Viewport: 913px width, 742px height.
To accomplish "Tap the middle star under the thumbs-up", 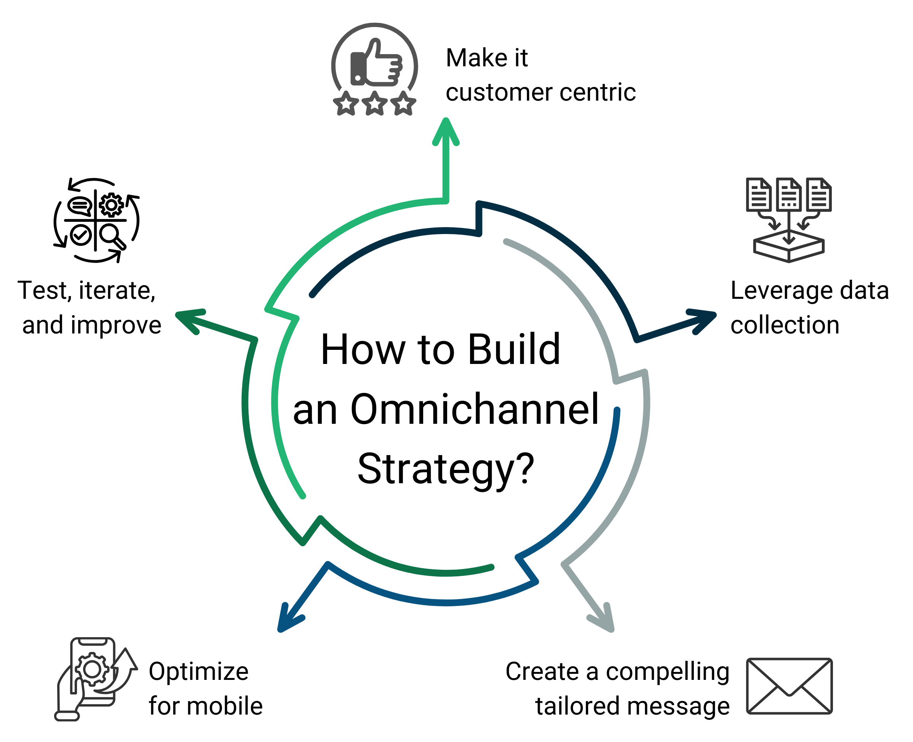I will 374,103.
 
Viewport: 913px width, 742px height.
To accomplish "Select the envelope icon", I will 789,686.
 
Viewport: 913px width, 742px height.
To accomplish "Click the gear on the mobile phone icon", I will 92,669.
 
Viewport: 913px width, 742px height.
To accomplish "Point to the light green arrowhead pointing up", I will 445,130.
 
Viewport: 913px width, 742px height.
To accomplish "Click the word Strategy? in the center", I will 446,469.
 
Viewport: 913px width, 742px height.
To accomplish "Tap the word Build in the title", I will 514,349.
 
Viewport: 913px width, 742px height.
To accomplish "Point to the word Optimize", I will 198,672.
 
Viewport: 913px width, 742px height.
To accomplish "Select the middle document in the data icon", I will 789,194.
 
